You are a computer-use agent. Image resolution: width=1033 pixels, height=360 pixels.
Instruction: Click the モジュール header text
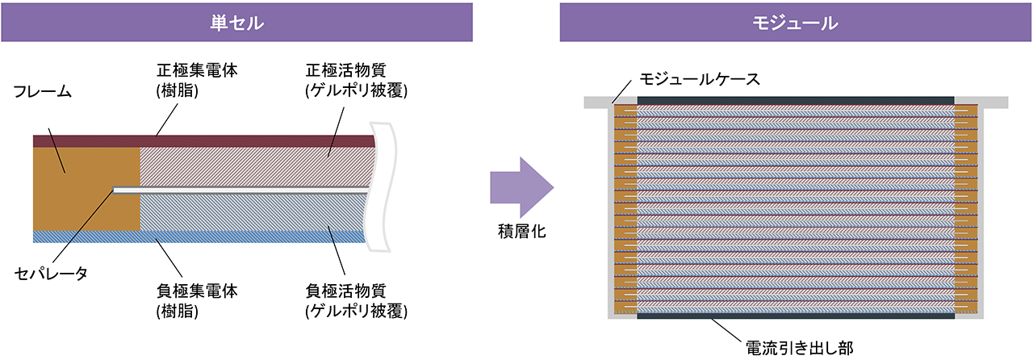click(796, 23)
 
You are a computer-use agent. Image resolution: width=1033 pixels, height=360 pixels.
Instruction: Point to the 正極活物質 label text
click(345, 69)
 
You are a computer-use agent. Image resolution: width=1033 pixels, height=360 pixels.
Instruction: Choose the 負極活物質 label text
click(345, 289)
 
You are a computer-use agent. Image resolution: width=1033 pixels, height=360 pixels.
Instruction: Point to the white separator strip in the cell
click(242, 190)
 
